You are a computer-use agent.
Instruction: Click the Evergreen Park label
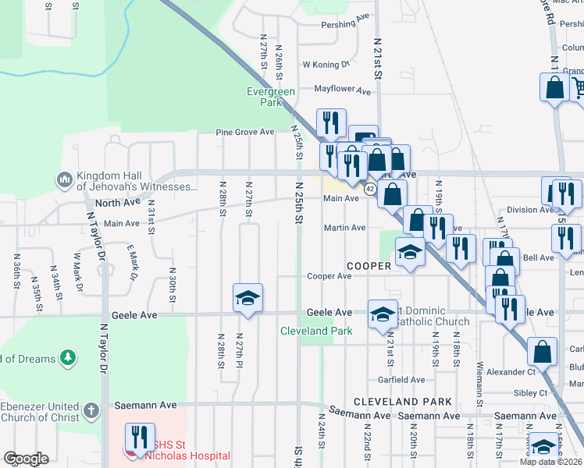pyautogui.click(x=270, y=97)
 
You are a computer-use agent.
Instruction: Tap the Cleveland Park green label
pyautogui.click(x=316, y=331)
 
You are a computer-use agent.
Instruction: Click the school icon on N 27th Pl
pyautogui.click(x=247, y=299)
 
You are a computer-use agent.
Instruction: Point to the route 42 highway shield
pyautogui.click(x=370, y=190)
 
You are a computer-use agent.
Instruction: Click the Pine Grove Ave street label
pyautogui.click(x=245, y=133)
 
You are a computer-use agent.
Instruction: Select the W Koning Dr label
pyautogui.click(x=326, y=65)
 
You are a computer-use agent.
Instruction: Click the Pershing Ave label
pyautogui.click(x=345, y=24)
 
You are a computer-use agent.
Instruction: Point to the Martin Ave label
pyautogui.click(x=345, y=228)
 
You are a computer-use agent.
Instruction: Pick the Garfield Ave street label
pyautogui.click(x=401, y=380)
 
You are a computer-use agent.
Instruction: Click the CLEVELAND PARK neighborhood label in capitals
pyautogui.click(x=402, y=401)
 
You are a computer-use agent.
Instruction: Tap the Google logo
pyautogui.click(x=26, y=459)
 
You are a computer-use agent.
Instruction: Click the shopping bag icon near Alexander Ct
pyautogui.click(x=543, y=352)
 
